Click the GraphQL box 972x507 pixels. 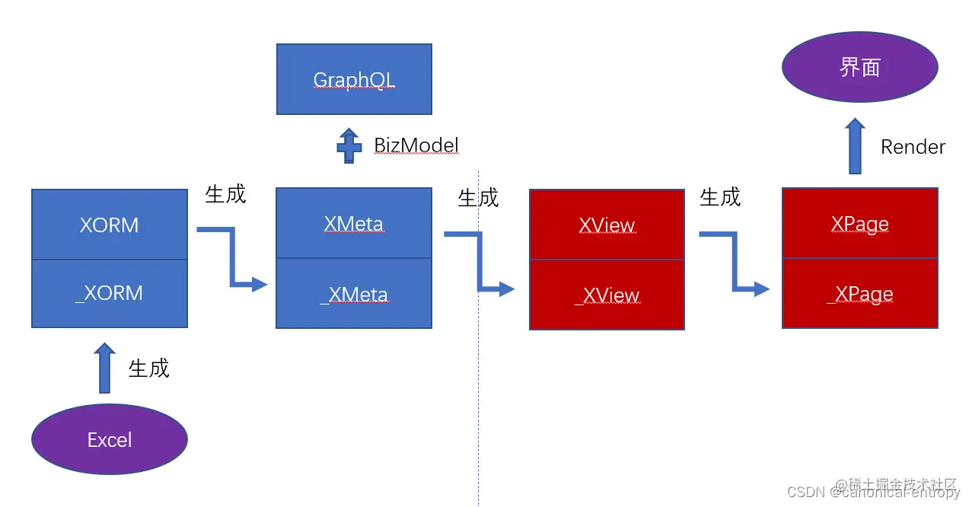coord(354,79)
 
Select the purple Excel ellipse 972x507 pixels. coord(110,439)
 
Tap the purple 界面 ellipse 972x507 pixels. coord(859,67)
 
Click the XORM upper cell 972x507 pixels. coord(110,225)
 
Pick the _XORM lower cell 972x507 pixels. coord(110,293)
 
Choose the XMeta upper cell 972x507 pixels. coord(354,224)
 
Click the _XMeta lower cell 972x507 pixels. coord(354,294)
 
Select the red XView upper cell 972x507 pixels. coord(607,225)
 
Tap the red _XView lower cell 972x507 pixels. coord(607,295)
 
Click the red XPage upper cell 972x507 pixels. coord(859,224)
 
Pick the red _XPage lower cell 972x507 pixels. coord(859,294)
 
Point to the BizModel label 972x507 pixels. coord(416,145)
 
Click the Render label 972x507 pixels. coord(913,147)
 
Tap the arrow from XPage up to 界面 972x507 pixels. coord(855,145)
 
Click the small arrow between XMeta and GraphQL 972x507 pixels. coord(349,145)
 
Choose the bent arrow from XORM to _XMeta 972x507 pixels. coord(231,259)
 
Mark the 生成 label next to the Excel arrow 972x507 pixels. coord(148,368)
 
